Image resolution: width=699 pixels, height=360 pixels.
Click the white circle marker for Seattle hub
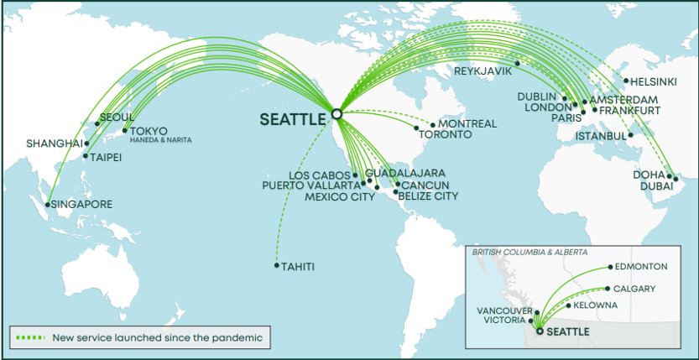(336, 112)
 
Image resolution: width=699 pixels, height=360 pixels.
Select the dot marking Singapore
(47, 204)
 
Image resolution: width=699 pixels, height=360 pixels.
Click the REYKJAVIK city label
(483, 71)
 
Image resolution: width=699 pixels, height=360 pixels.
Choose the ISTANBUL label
(601, 136)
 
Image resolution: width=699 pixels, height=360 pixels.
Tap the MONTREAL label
(467, 123)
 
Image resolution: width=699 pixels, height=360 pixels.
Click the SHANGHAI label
(55, 143)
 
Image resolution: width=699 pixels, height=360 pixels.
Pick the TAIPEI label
(107, 156)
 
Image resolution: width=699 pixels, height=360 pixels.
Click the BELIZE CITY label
(428, 196)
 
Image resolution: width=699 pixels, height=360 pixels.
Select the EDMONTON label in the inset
(641, 267)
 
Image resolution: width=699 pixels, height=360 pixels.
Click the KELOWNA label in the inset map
(596, 305)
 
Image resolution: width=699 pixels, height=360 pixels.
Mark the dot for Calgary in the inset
(608, 289)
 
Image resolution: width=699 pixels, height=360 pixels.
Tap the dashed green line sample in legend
(30, 338)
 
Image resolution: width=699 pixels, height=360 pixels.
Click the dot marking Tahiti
(277, 266)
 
